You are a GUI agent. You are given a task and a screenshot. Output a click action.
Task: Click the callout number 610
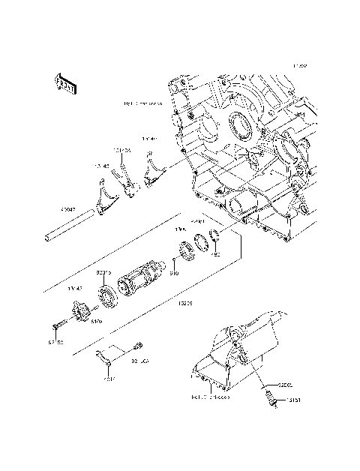173,274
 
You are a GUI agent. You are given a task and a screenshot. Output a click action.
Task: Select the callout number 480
216,254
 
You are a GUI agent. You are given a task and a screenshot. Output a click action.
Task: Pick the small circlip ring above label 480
217,240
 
